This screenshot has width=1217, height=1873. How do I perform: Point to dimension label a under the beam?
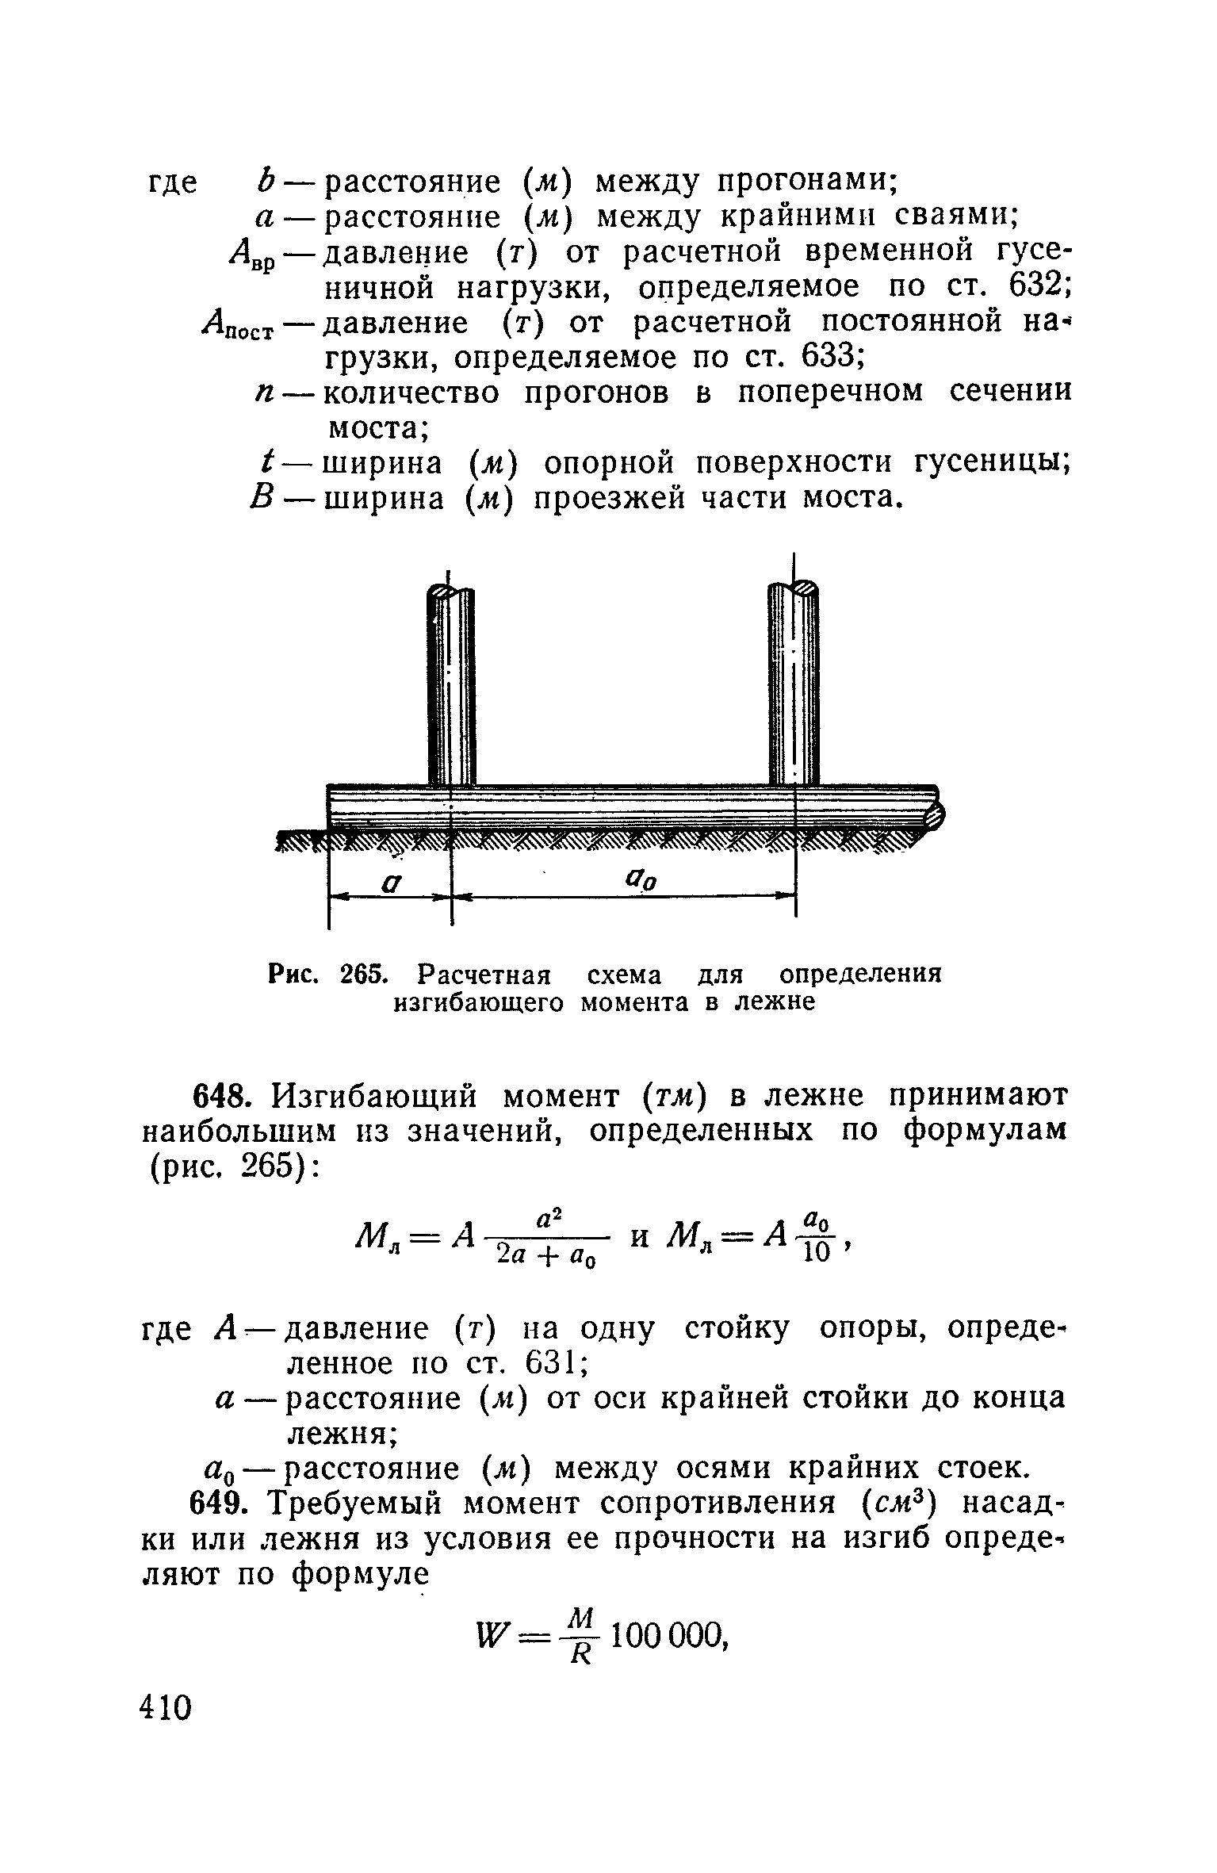click(x=389, y=882)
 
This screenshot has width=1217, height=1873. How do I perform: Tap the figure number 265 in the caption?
click(x=362, y=974)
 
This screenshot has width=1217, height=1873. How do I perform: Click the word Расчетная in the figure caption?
click(x=484, y=974)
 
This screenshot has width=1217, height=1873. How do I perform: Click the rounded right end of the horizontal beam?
click(x=939, y=816)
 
